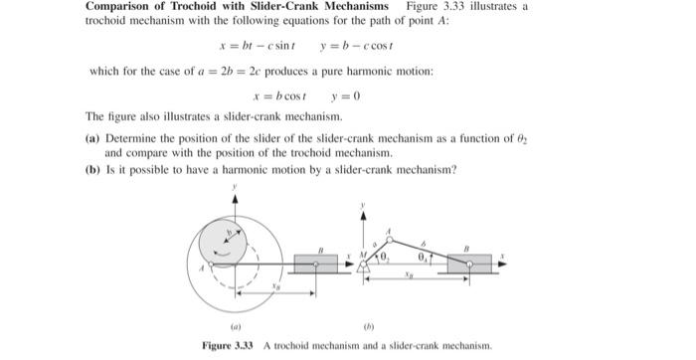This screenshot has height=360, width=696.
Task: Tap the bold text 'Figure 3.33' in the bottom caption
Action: pyautogui.click(x=230, y=345)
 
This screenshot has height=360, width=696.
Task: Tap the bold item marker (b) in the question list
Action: pyautogui.click(x=92, y=169)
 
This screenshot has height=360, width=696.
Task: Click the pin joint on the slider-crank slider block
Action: pyautogui.click(x=468, y=261)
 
